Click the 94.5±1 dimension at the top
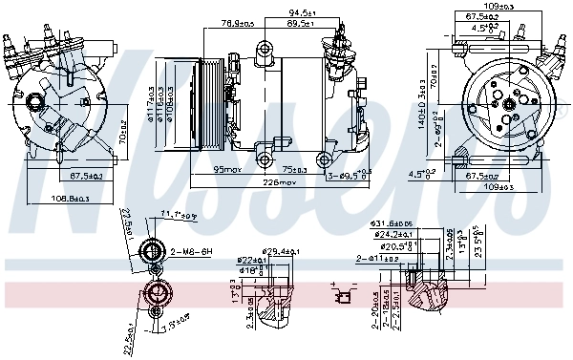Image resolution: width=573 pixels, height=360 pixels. pos(304,13)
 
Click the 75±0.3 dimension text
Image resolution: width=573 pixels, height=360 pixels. pos(296,169)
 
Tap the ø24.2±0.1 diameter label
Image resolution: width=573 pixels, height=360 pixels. pos(393,235)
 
